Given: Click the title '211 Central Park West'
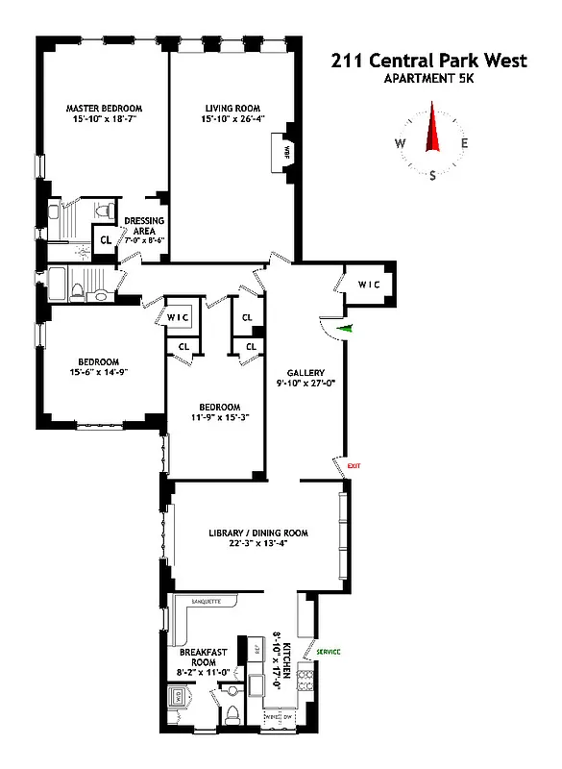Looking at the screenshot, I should tap(428, 62).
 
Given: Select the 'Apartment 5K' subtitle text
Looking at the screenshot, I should tap(428, 80).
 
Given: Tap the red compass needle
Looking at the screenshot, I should tap(432, 133).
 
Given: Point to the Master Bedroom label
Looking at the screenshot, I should tap(104, 108).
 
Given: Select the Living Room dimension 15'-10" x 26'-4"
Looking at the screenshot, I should tap(232, 120).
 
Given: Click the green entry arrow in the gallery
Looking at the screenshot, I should tap(347, 329).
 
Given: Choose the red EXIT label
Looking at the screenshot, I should tap(354, 466).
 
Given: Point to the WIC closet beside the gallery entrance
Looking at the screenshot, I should tap(369, 284).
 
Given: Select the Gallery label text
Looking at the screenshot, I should tap(306, 373).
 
